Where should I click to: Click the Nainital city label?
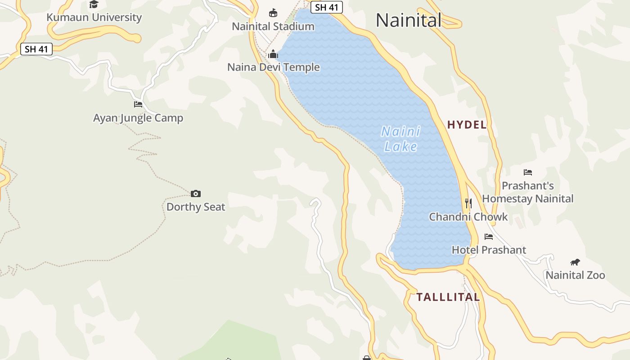coord(408,20)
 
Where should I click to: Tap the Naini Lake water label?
coord(400,139)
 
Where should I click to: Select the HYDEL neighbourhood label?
coord(467,125)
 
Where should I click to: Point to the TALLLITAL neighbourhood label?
coord(448,297)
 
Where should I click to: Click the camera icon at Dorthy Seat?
coord(196,193)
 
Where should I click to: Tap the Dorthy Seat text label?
coord(196,207)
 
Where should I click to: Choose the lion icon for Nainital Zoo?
coord(575,262)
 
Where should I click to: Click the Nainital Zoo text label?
coord(575,275)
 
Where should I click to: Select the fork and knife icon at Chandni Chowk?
coord(468,203)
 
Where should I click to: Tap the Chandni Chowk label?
coord(468,217)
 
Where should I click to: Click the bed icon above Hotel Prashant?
coord(489,237)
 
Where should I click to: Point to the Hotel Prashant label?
coord(489,250)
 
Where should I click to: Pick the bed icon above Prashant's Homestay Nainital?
coord(528,172)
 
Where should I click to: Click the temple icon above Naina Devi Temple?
coord(273,55)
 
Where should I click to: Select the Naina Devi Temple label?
coord(274,67)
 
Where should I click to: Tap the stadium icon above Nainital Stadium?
coord(273,13)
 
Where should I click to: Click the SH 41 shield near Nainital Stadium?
coord(327,7)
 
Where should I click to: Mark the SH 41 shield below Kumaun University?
coord(36,49)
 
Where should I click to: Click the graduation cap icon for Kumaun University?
coord(94,4)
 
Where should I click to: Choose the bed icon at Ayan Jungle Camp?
coord(138,104)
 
